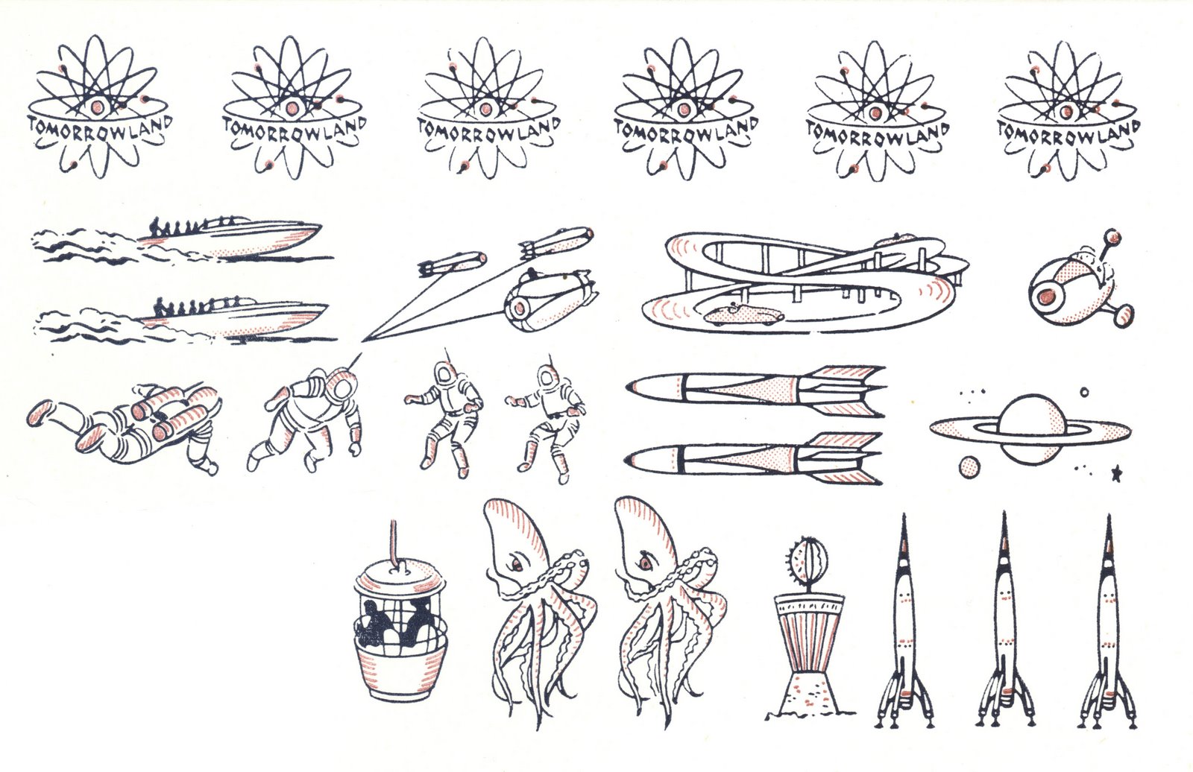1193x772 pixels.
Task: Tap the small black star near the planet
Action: click(1117, 472)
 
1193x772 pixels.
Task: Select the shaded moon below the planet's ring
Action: click(969, 468)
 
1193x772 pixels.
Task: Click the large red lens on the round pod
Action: click(1046, 295)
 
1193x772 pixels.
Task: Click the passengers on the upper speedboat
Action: click(171, 228)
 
